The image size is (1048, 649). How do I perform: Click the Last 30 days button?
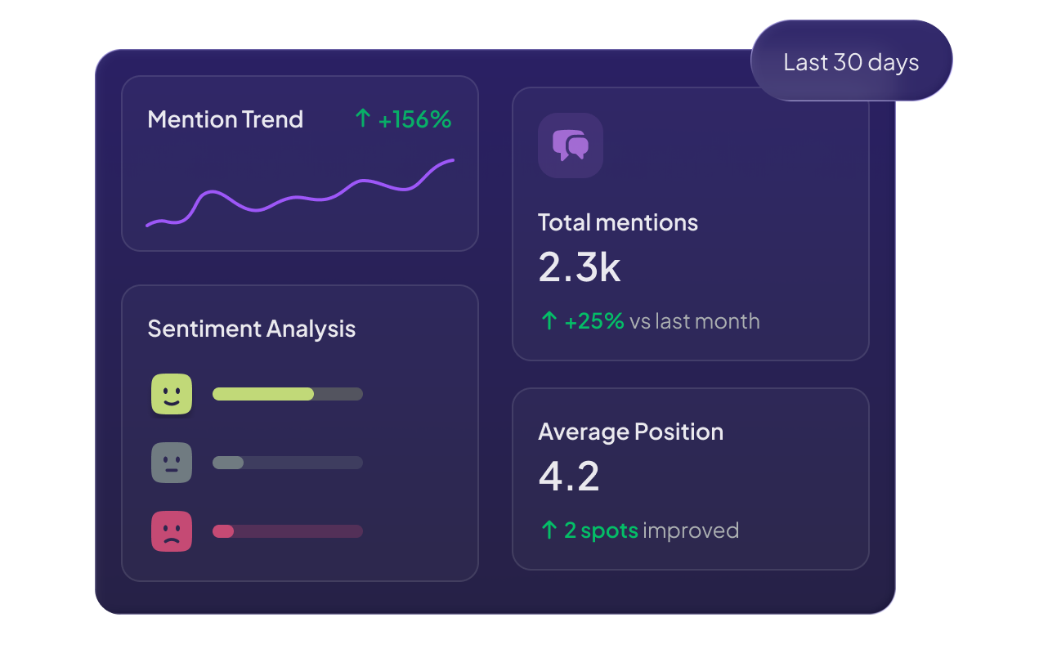(x=851, y=62)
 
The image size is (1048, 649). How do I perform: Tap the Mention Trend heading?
(x=225, y=119)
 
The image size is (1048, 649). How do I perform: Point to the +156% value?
(x=414, y=119)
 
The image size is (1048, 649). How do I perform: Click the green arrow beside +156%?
(x=363, y=119)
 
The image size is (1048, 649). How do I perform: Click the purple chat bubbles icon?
(x=570, y=145)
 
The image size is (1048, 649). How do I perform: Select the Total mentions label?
(x=617, y=222)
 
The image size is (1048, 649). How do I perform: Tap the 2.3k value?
(x=579, y=266)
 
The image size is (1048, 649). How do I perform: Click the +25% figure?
(x=594, y=321)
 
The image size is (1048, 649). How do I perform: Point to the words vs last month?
(x=694, y=321)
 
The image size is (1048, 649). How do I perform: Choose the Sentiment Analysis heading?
(x=251, y=329)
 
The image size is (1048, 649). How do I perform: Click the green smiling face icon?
(x=172, y=394)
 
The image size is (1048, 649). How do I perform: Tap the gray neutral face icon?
(x=172, y=463)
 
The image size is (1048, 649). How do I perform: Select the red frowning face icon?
(x=172, y=531)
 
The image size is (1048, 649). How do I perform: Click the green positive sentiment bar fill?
(x=262, y=394)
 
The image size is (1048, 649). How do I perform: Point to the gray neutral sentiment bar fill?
(x=228, y=463)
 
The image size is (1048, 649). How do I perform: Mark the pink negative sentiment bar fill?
(x=223, y=531)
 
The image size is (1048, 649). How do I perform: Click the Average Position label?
(x=630, y=432)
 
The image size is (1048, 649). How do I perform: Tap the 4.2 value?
(x=568, y=477)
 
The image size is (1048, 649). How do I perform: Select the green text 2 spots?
(x=601, y=530)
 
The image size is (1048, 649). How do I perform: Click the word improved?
(x=691, y=530)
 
